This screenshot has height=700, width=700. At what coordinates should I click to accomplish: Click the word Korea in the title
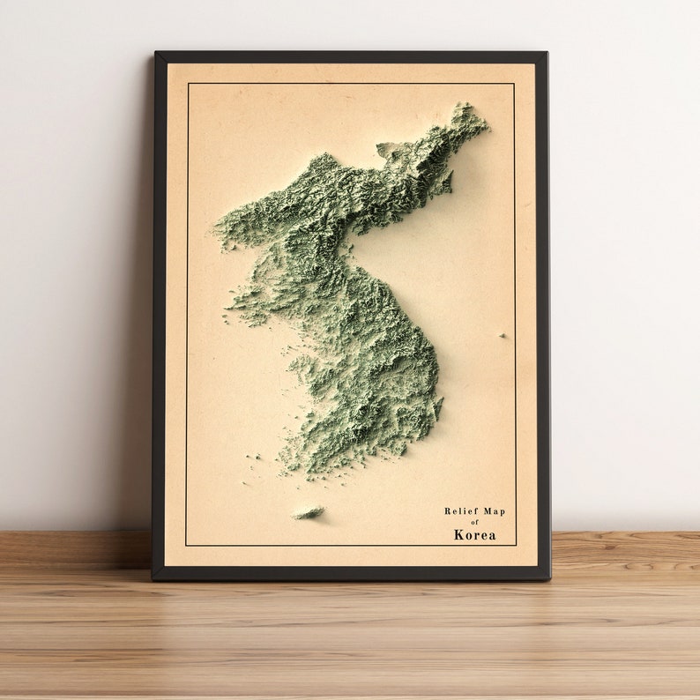(474, 534)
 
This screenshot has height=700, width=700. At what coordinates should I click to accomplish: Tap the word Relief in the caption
(460, 511)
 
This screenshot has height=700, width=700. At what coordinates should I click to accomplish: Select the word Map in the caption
(495, 511)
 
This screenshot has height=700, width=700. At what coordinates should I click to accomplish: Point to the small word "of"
(474, 522)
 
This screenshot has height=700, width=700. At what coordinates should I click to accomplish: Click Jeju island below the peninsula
(308, 511)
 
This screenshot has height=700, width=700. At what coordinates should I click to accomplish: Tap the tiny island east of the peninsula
(503, 335)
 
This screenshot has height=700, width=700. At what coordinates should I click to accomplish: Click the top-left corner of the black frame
(156, 54)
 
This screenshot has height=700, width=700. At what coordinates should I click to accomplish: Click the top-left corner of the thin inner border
(187, 84)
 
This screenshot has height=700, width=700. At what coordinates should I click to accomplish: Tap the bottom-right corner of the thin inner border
(516, 545)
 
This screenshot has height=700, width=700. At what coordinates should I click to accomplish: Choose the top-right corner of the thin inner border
(514, 84)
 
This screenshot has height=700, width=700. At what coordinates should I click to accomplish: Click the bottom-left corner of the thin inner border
(186, 545)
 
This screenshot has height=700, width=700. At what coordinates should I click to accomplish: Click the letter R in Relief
(448, 511)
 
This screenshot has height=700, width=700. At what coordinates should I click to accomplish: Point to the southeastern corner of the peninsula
(435, 414)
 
